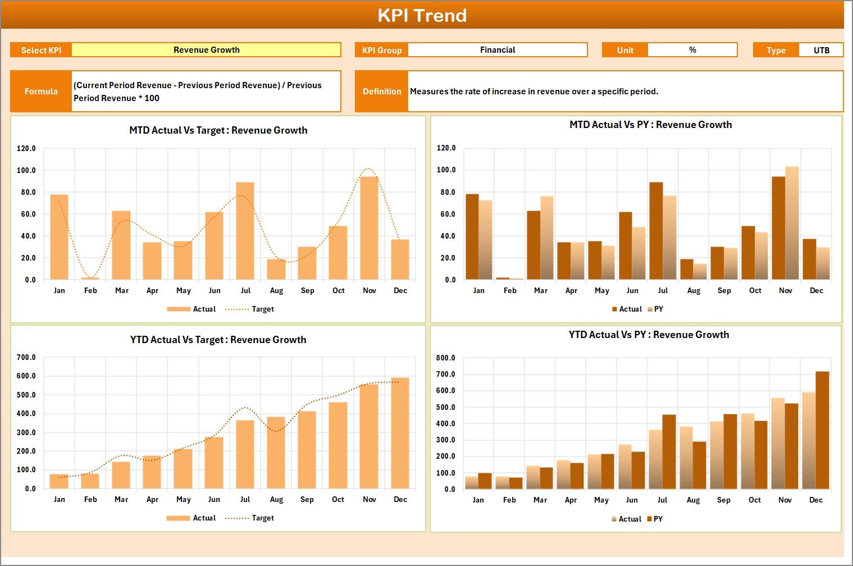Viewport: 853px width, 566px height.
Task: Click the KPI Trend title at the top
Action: (x=422, y=15)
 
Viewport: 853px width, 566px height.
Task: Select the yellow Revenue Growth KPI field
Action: (x=206, y=50)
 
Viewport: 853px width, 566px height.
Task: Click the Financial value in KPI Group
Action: (x=498, y=50)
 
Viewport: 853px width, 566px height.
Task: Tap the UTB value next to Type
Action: (x=821, y=50)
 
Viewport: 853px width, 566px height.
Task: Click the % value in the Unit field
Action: (x=692, y=50)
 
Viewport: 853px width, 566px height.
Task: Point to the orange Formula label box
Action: (x=41, y=91)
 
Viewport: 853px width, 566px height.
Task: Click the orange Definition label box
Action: (x=382, y=91)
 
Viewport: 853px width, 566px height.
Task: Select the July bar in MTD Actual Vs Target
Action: (x=245, y=231)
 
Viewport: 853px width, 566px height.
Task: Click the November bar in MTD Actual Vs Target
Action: (x=369, y=228)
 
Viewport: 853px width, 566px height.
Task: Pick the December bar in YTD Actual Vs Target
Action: (x=400, y=433)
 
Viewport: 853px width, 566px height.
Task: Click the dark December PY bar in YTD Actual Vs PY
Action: (x=822, y=430)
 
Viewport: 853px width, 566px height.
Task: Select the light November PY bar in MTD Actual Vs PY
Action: (x=792, y=223)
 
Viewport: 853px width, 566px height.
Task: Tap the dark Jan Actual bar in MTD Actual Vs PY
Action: (x=472, y=236)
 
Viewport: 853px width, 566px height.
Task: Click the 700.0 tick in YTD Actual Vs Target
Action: (x=26, y=357)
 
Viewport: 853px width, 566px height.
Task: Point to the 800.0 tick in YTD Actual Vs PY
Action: (x=445, y=358)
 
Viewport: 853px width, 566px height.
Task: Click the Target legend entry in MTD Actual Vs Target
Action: (x=262, y=309)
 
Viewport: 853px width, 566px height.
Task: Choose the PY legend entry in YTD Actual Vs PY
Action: (x=658, y=519)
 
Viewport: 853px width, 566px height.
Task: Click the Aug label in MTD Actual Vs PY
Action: (x=694, y=290)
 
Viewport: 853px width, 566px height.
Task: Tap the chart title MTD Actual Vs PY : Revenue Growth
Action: (x=650, y=125)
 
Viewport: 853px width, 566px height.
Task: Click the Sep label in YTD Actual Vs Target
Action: (x=307, y=499)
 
